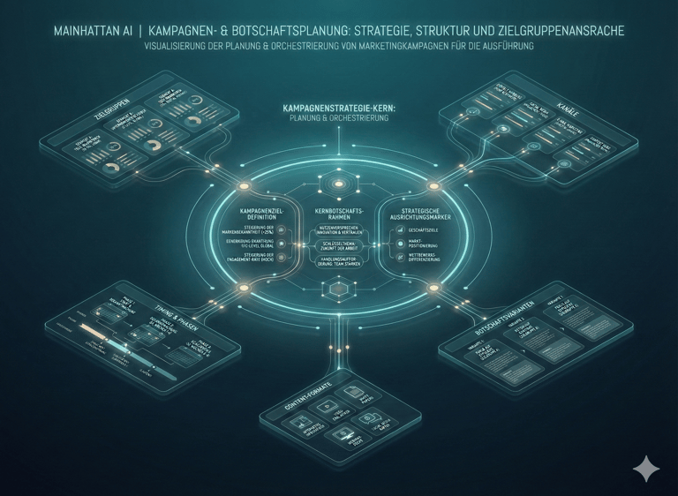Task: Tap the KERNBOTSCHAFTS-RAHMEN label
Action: coord(338,214)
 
